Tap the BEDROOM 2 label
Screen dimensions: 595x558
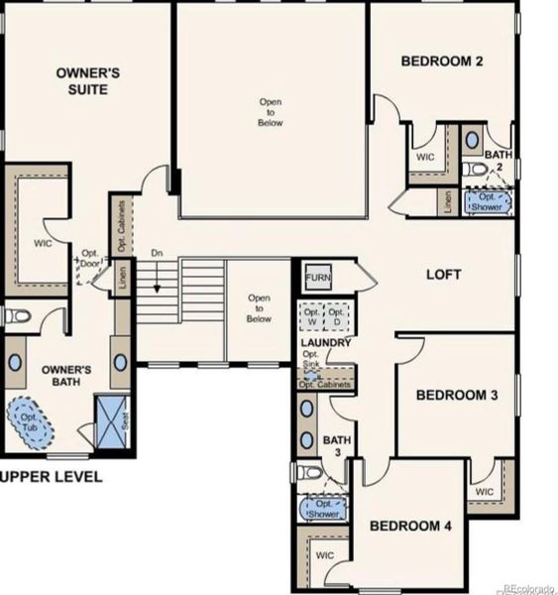(x=441, y=61)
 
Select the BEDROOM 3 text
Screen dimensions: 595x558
(x=456, y=395)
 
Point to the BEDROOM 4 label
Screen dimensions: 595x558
(x=410, y=525)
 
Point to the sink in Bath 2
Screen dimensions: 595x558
(x=472, y=139)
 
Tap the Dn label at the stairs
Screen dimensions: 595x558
(x=156, y=254)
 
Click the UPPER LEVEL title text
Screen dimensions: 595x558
(x=52, y=477)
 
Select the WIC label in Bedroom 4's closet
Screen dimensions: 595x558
(x=325, y=556)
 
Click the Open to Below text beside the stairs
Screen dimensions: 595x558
(x=259, y=307)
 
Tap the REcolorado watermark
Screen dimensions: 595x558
(x=527, y=588)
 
